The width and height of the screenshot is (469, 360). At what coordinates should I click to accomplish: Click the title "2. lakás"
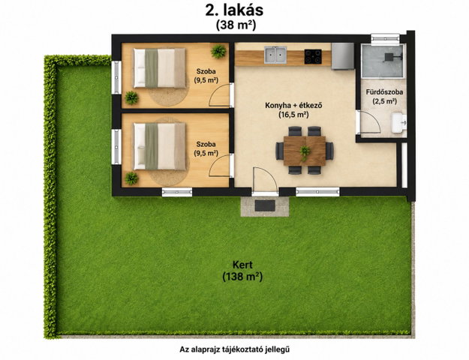coord(234,10)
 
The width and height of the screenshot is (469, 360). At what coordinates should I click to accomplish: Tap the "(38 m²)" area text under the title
coord(236,25)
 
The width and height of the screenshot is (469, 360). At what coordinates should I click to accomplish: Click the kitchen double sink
coord(275,55)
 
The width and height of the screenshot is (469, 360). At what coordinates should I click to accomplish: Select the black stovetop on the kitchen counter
coord(313,56)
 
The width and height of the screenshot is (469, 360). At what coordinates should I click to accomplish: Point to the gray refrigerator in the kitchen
coord(343,56)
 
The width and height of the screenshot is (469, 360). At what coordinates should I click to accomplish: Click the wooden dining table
coord(305,151)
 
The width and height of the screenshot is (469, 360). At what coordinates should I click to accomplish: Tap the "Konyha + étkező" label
coord(293,106)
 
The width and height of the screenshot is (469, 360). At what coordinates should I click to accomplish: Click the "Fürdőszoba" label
coord(384,92)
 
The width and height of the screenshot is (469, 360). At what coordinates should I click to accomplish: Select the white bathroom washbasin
coord(399,122)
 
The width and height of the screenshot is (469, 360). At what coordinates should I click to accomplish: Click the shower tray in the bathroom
coord(383,61)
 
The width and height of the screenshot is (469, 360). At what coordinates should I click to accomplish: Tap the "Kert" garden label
coord(242,265)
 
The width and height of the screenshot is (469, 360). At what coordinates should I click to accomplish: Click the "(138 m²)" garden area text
coord(242,277)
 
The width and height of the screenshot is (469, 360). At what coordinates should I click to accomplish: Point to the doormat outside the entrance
coord(265,205)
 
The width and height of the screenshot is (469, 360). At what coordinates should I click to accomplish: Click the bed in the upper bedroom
coord(160,68)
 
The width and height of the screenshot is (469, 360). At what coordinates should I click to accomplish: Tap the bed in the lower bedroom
coord(160,146)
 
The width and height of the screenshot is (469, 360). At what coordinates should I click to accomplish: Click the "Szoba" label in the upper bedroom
coord(206,71)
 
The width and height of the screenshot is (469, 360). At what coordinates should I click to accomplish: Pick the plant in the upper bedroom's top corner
coord(218,51)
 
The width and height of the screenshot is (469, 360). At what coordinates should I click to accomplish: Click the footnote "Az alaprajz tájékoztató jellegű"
coord(234,349)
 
